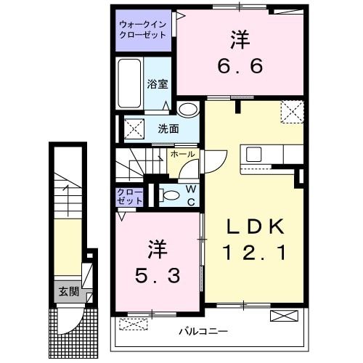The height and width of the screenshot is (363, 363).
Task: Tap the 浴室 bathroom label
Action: coord(158,83)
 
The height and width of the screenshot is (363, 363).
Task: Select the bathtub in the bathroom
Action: coord(131,81)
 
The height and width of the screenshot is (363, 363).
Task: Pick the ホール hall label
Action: coord(182,155)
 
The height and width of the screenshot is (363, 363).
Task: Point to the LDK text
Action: coord(254,227)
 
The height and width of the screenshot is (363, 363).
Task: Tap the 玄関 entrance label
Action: coord(69,292)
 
